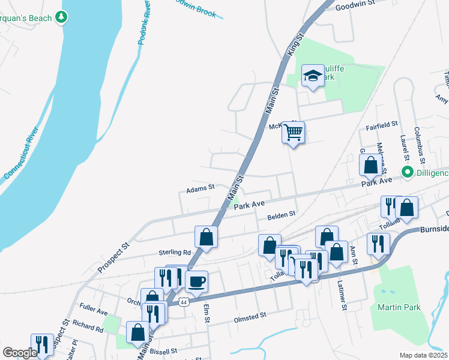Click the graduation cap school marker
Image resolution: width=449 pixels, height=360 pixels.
coord(313,76)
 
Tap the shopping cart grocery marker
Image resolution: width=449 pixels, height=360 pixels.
coord(294,131)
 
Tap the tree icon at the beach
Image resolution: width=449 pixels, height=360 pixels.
coord(61,18)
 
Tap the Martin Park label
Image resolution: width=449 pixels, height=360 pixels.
coord(399,307)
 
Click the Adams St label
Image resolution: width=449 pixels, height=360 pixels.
coord(200,188)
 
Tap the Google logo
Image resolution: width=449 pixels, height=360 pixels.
coord(20,353)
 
